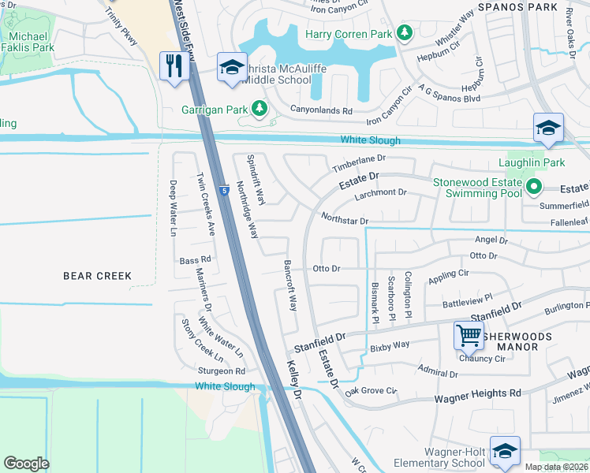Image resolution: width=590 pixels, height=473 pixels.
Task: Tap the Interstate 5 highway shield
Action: coord(224,190)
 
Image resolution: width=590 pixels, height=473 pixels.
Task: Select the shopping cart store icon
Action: coord(469,336)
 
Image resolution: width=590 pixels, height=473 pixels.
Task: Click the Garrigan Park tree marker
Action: coord(259,109)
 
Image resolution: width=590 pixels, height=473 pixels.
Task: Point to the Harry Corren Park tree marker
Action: coord(405,33)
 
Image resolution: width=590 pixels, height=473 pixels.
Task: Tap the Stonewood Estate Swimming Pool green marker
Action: coord(533,187)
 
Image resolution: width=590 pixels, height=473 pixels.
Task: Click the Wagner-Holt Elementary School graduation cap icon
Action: coord(505,450)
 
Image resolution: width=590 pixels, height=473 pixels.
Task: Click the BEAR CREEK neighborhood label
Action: coord(98,276)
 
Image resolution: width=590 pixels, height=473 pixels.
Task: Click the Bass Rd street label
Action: coord(195,259)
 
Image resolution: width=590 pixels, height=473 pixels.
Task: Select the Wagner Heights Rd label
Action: coord(478,393)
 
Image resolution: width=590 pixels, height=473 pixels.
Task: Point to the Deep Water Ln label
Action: coord(172,208)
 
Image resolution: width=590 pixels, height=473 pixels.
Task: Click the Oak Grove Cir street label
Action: coord(370,390)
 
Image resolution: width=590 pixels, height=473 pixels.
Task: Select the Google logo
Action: coord(26,464)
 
